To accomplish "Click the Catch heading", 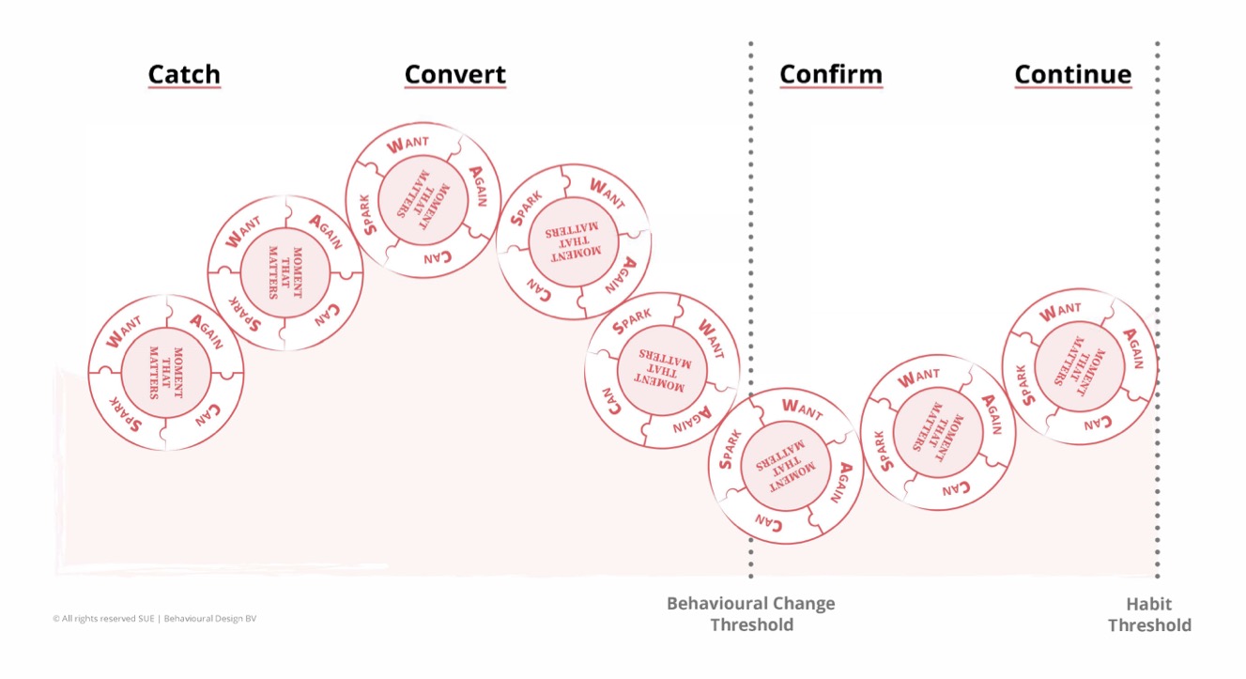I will [x=184, y=74].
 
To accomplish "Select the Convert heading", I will [x=454, y=74].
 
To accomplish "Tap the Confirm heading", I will [x=830, y=74].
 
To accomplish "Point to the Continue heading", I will [x=1072, y=74].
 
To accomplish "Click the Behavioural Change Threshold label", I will [x=750, y=613].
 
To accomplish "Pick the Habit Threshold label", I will [x=1149, y=614].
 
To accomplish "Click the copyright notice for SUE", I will [x=155, y=619].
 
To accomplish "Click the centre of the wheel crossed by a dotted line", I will [x=785, y=466].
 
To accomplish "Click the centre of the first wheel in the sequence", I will [x=166, y=373].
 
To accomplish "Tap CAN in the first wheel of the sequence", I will [x=208, y=414].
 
